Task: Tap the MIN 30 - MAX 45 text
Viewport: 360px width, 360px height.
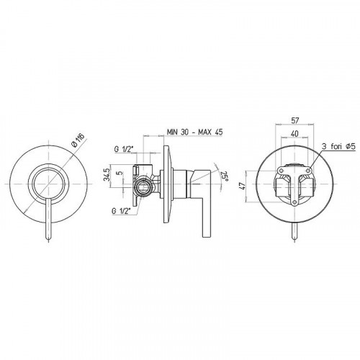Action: (195, 132)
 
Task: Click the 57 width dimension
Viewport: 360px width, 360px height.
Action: (294, 120)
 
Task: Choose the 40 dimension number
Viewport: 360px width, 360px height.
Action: (294, 133)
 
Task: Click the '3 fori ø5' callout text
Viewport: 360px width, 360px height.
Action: (338, 146)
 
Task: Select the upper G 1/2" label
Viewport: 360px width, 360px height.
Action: (124, 149)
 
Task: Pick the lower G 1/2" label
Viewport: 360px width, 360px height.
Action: (121, 211)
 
